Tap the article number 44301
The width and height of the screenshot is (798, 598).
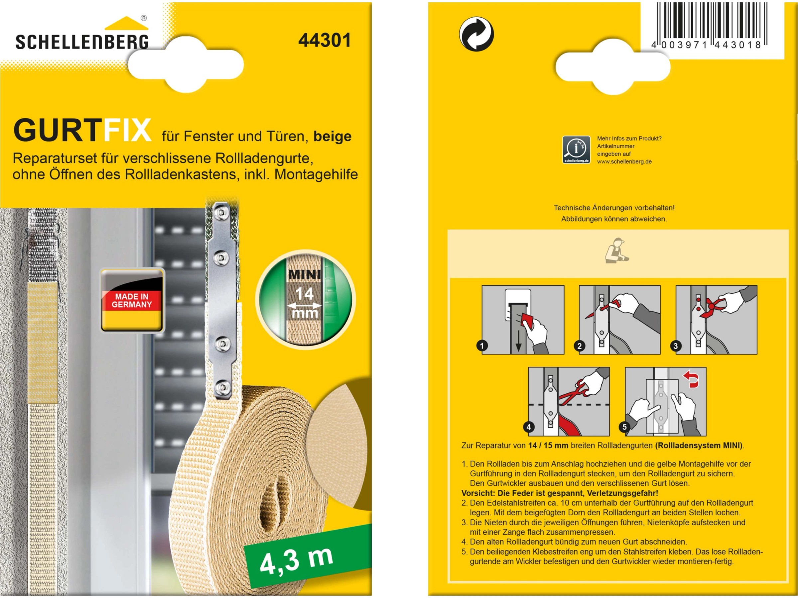click(x=324, y=40)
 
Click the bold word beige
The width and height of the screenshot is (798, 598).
click(x=332, y=136)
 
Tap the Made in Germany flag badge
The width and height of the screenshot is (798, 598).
click(x=132, y=300)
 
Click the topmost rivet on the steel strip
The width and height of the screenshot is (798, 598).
click(x=219, y=213)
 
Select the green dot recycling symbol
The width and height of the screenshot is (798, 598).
click(x=476, y=34)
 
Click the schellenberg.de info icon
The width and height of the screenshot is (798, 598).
click(x=576, y=149)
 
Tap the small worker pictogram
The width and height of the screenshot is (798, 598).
click(x=616, y=250)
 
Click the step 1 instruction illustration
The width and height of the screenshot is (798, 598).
click(x=523, y=320)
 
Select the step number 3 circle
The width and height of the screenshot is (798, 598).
click(x=676, y=346)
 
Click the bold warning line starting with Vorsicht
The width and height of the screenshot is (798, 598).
click(x=560, y=493)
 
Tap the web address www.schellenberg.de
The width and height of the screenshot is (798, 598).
click(x=624, y=161)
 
